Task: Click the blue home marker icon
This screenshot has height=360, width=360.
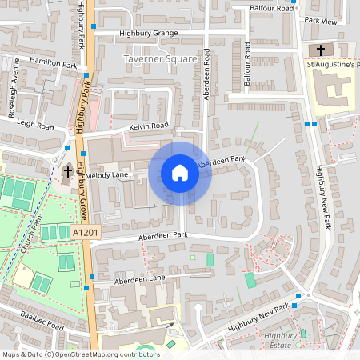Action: [180, 173]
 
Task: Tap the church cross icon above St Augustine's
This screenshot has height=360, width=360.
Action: [322, 50]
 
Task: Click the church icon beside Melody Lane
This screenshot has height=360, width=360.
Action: [68, 171]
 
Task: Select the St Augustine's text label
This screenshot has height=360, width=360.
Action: [333, 65]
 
